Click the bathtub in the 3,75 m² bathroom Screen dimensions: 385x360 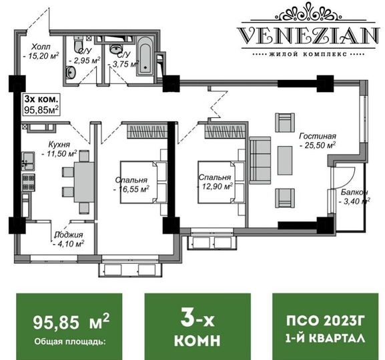coord(144,56)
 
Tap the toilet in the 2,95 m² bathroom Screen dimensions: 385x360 coord(79,43)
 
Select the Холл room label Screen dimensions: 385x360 coord(41,47)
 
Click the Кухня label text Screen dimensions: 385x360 coord(59,144)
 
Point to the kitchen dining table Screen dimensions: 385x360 coord(84,182)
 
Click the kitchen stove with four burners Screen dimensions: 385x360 coord(29,183)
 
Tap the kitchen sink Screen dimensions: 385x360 coord(28,161)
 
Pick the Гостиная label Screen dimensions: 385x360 coord(318,136)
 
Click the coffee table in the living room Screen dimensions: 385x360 coord(285,161)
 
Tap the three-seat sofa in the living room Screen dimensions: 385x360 coord(260,161)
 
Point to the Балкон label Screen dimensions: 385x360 coord(354,192)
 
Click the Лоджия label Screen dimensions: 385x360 coord(69,235)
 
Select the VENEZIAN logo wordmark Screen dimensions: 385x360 coord(308,35)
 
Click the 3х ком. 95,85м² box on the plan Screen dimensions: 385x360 coord(41,105)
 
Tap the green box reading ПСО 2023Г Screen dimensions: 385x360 coord(326,327)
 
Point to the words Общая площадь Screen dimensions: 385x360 coord(70,341)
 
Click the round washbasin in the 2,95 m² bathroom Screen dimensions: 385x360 coord(71,73)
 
